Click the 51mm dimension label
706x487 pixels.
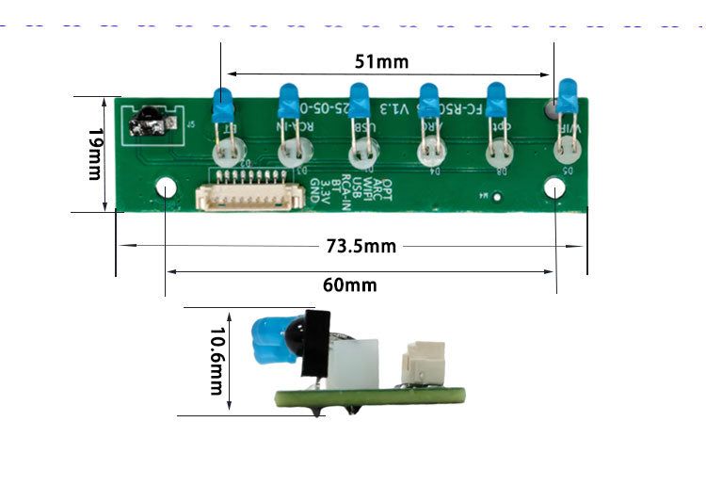point(381,62)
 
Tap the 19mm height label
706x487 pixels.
point(93,155)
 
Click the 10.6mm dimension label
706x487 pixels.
point(217,361)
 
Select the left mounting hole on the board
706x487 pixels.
point(167,187)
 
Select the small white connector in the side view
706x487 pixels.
point(420,365)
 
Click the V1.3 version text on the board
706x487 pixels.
point(391,110)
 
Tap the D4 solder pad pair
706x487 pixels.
point(430,151)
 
